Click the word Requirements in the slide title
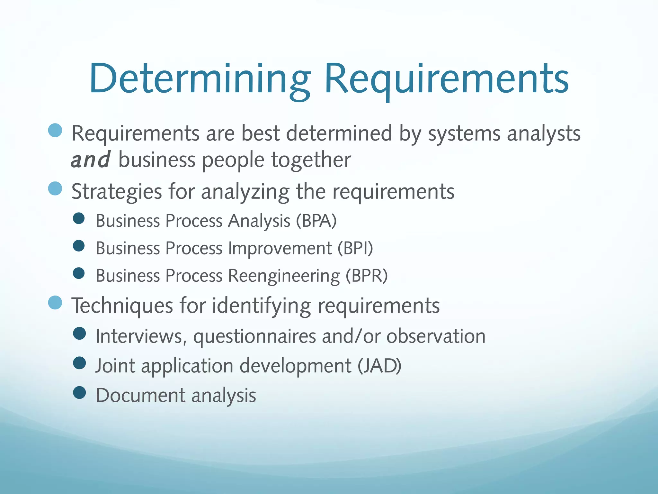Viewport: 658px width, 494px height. click(x=447, y=79)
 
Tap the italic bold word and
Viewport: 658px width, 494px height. click(x=90, y=160)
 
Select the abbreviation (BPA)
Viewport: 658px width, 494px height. click(x=316, y=221)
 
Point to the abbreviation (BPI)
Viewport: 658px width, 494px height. click(x=355, y=248)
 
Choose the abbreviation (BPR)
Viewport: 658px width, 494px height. click(x=367, y=276)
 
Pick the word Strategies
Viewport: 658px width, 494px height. click(x=116, y=192)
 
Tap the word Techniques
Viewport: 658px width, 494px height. click(x=122, y=306)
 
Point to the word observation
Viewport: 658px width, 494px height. click(x=436, y=336)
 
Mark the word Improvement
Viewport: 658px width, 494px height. click(x=280, y=248)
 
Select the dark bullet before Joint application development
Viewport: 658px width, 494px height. click(x=79, y=363)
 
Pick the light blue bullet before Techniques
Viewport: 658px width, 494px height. click(x=55, y=302)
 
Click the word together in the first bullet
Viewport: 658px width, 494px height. click(x=311, y=160)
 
